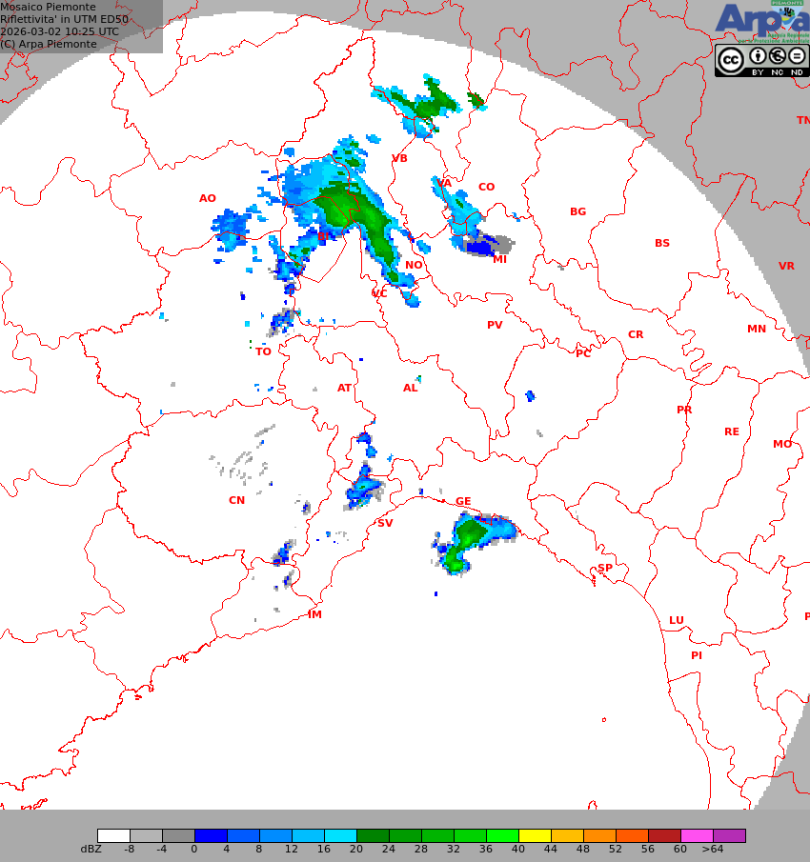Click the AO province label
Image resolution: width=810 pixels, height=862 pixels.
pyautogui.click(x=208, y=199)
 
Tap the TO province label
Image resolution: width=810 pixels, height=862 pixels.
pyautogui.click(x=263, y=352)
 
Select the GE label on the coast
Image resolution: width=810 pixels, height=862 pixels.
pyautogui.click(x=463, y=502)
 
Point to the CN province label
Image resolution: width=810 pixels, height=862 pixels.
pyautogui.click(x=236, y=501)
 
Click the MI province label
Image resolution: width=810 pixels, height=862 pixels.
pyautogui.click(x=499, y=259)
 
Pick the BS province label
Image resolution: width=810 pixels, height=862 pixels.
pyautogui.click(x=661, y=244)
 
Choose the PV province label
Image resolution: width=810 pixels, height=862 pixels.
pyautogui.click(x=495, y=326)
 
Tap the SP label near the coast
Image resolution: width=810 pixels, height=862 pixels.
pyautogui.click(x=605, y=569)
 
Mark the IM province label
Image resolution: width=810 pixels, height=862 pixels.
pyautogui.click(x=314, y=615)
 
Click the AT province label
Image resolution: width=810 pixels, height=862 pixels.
pyautogui.click(x=344, y=389)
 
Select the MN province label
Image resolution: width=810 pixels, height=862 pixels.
pyautogui.click(x=756, y=330)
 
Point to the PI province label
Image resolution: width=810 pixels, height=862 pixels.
pyautogui.click(x=697, y=656)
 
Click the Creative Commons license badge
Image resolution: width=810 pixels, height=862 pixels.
pyautogui.click(x=760, y=61)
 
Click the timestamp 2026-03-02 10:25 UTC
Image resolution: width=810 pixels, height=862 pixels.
pyautogui.click(x=60, y=31)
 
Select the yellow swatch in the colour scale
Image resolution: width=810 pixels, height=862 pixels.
pyautogui.click(x=535, y=836)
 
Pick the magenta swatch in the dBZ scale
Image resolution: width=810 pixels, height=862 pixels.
pyautogui.click(x=697, y=836)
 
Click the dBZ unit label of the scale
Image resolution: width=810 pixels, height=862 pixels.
pyautogui.click(x=91, y=850)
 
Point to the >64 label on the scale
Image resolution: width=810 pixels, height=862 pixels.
pyautogui.click(x=713, y=850)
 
